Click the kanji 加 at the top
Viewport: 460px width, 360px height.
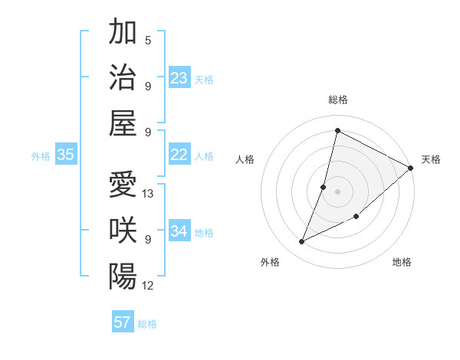tap(123, 32)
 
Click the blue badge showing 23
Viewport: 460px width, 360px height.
tap(179, 78)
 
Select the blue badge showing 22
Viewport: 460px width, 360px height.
tap(179, 155)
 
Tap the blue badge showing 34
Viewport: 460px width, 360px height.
tap(179, 231)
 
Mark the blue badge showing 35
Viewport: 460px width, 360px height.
tap(66, 155)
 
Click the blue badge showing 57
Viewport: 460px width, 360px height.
tap(123, 322)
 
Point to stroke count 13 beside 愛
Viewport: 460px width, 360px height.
tap(149, 194)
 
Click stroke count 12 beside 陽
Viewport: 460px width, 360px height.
tap(149, 286)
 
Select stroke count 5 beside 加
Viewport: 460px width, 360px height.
tap(148, 41)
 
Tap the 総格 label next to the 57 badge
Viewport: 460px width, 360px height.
tap(147, 324)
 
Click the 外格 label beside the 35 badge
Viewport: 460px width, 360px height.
tap(41, 156)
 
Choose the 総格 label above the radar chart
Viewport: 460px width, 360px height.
tap(337, 100)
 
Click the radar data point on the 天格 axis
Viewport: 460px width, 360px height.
tap(411, 169)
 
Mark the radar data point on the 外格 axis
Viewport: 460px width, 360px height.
tap(302, 242)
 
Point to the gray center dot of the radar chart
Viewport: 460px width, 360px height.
tap(337, 191)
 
